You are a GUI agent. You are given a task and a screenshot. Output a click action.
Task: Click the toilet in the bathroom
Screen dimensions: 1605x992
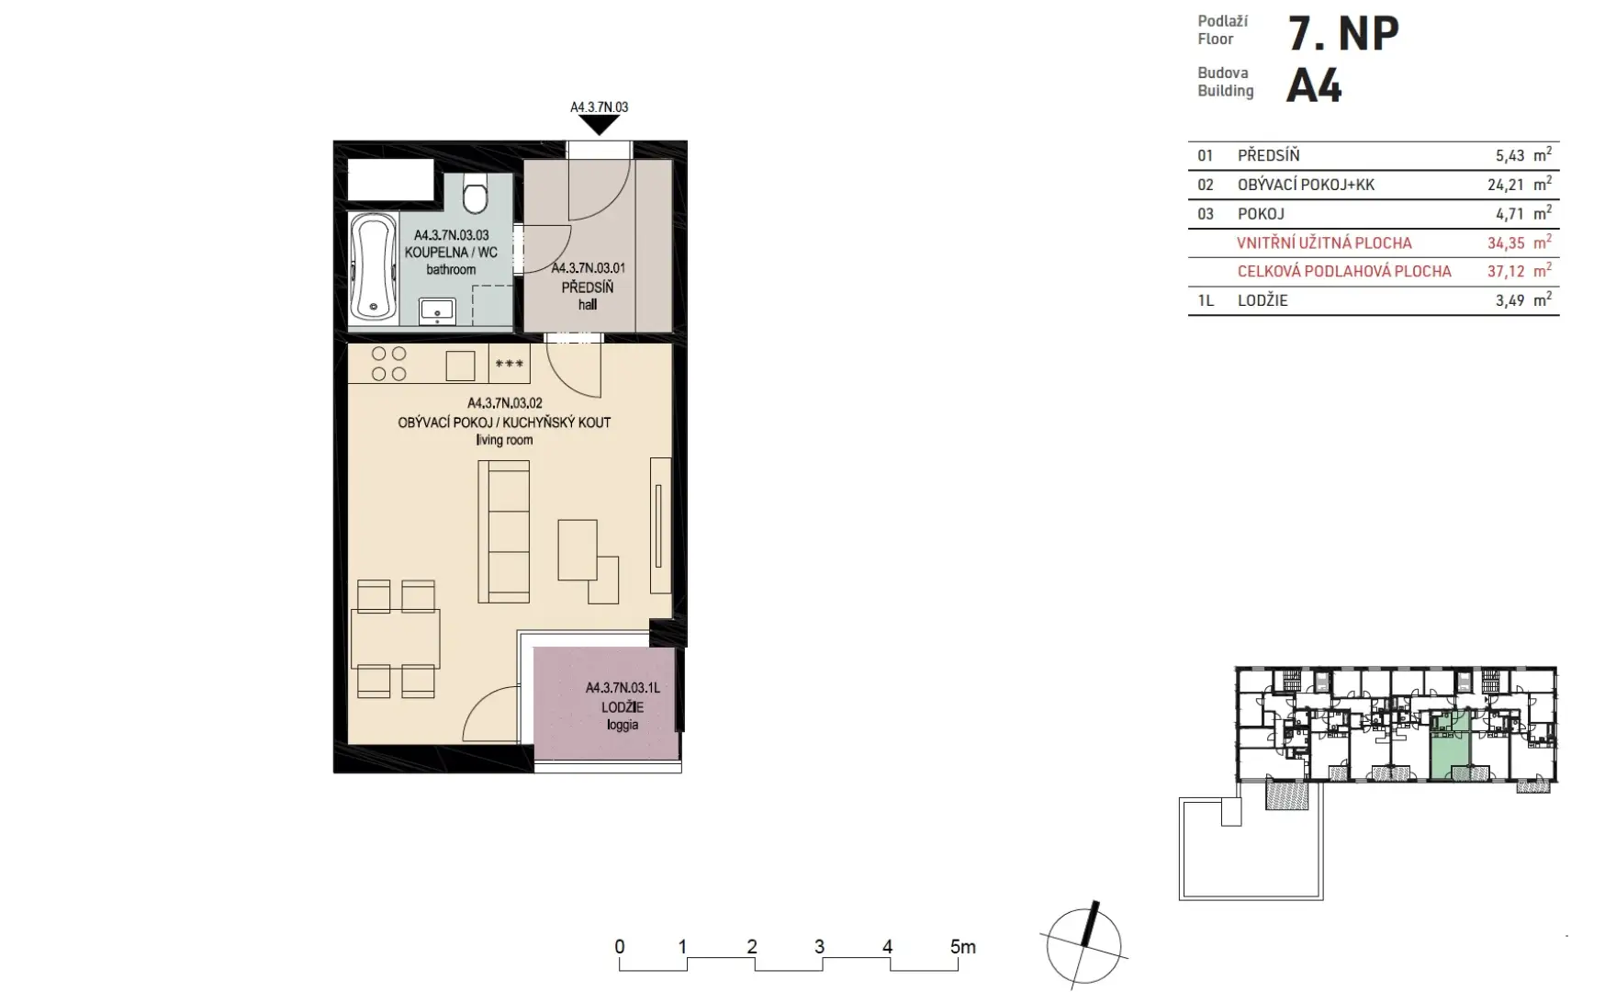pyautogui.click(x=475, y=195)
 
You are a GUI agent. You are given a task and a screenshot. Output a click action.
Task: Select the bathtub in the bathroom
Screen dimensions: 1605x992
pyautogui.click(x=373, y=266)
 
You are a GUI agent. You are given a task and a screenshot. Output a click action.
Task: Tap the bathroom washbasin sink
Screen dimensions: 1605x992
pyautogui.click(x=437, y=311)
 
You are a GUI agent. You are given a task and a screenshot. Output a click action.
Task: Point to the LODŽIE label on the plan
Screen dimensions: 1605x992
pyautogui.click(x=623, y=707)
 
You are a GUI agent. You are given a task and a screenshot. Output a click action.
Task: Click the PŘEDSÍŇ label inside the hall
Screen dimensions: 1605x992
pyautogui.click(x=588, y=287)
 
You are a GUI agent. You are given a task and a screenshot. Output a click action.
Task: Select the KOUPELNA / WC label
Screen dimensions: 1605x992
pyautogui.click(x=451, y=252)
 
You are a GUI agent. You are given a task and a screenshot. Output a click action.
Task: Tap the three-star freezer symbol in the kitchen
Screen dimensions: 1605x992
pyautogui.click(x=510, y=364)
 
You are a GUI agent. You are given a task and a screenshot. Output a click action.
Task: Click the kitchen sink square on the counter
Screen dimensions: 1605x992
pyautogui.click(x=461, y=366)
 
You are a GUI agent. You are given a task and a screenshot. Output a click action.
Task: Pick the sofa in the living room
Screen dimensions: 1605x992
pyautogui.click(x=503, y=532)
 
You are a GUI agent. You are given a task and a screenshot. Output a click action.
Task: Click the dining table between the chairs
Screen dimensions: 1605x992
pyautogui.click(x=396, y=638)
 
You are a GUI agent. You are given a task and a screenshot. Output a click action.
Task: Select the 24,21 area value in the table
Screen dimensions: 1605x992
pyautogui.click(x=1506, y=185)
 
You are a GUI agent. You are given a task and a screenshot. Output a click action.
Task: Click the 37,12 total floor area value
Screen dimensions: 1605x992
pyautogui.click(x=1506, y=272)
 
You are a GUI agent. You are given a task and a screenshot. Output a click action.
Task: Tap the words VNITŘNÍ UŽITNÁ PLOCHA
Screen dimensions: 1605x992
pyautogui.click(x=1325, y=243)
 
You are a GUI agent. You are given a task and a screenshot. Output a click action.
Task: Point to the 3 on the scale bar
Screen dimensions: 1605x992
pyautogui.click(x=819, y=947)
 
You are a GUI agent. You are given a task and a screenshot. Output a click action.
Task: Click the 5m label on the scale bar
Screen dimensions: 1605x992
pyautogui.click(x=963, y=947)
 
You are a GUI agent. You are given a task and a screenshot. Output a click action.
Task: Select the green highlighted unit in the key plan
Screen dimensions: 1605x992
pyautogui.click(x=1450, y=745)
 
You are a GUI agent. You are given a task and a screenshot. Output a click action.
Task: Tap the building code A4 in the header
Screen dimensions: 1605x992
pyautogui.click(x=1314, y=86)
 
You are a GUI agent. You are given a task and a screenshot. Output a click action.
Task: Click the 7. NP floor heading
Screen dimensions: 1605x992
pyautogui.click(x=1344, y=34)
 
